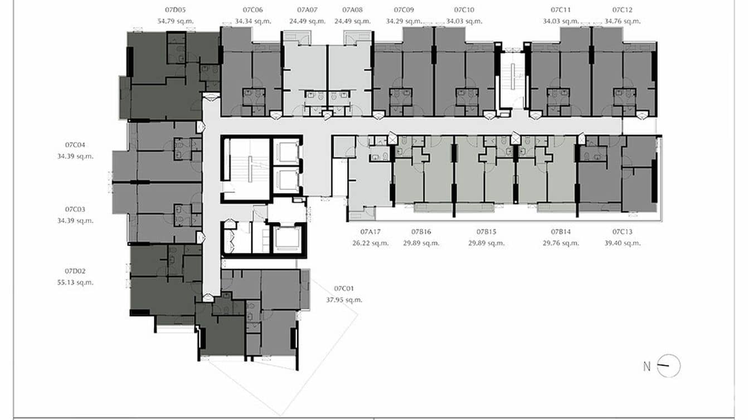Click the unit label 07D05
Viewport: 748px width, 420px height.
tap(176, 10)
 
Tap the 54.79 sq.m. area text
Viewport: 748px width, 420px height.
tap(176, 21)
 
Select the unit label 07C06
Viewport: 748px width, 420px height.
tap(252, 10)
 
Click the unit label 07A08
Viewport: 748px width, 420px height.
tap(352, 10)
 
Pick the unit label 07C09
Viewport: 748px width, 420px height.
tap(404, 10)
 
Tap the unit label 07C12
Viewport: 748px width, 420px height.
tap(622, 10)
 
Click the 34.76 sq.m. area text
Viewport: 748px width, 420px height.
tap(622, 21)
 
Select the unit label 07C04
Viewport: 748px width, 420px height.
tap(75, 145)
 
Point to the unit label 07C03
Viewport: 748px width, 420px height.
tap(75, 209)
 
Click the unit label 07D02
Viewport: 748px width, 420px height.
tap(75, 271)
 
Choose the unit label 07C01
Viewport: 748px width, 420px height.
tap(344, 289)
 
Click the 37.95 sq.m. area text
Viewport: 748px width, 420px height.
tap(344, 300)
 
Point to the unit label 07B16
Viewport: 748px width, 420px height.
tap(421, 232)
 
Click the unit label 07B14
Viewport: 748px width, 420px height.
tap(561, 232)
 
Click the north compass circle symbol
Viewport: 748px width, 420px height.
tap(669, 366)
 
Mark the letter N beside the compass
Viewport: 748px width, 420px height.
tap(647, 367)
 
